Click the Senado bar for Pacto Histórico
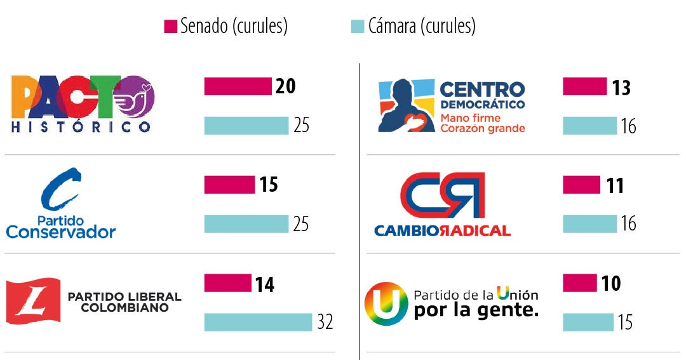pyautogui.click(x=238, y=86)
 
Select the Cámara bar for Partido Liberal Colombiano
pyautogui.click(x=259, y=322)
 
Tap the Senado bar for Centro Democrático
pyautogui.click(x=584, y=86)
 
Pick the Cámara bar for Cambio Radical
pyautogui.click(x=589, y=223)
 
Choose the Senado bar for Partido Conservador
pyautogui.click(x=229, y=185)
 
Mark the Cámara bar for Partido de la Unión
pyautogui.click(x=588, y=322)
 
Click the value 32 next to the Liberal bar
pyautogui.click(x=325, y=323)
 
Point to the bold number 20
pyautogui.click(x=286, y=86)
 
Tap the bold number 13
pyautogui.click(x=621, y=87)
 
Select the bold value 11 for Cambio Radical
pyautogui.click(x=614, y=185)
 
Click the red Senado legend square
pyautogui.click(x=170, y=27)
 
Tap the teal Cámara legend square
pyautogui.click(x=358, y=27)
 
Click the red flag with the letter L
pyautogui.click(x=33, y=300)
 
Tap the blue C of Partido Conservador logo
pyautogui.click(x=61, y=189)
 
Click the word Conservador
pyautogui.click(x=61, y=232)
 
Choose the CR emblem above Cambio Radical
pyautogui.click(x=442, y=194)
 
